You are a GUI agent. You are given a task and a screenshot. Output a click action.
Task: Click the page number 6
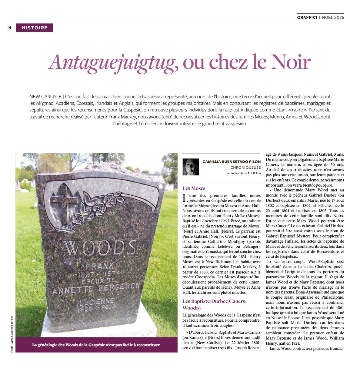(x=10, y=28)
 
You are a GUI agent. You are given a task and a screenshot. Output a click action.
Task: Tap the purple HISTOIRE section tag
(x=35, y=28)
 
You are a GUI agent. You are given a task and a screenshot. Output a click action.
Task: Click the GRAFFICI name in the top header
(x=307, y=17)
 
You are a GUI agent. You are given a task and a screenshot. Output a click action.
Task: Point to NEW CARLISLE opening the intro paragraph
(x=45, y=97)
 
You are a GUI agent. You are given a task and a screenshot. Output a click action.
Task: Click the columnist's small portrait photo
(x=191, y=167)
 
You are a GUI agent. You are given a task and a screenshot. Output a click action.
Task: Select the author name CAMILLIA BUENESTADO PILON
(x=232, y=162)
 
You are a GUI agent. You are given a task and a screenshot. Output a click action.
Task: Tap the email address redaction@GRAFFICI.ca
(x=244, y=173)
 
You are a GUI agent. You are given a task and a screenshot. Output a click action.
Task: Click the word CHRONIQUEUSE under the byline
(x=245, y=167)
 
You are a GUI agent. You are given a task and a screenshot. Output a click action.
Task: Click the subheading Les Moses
(x=194, y=188)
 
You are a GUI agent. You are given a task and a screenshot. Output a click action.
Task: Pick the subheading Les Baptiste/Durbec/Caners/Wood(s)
(x=214, y=304)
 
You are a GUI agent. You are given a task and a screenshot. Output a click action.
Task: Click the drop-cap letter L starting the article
(x=185, y=198)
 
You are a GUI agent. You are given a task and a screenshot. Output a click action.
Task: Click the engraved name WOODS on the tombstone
(x=99, y=247)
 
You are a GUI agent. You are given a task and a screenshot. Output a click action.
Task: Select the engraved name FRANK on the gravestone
(x=96, y=267)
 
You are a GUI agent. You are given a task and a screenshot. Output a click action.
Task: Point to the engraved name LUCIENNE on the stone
(x=97, y=301)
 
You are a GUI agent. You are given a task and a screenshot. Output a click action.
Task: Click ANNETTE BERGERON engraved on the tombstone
(x=96, y=288)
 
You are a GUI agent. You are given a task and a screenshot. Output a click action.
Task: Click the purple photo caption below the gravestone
(x=96, y=345)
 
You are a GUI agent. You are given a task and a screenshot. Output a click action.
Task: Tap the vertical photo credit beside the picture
(x=12, y=334)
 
